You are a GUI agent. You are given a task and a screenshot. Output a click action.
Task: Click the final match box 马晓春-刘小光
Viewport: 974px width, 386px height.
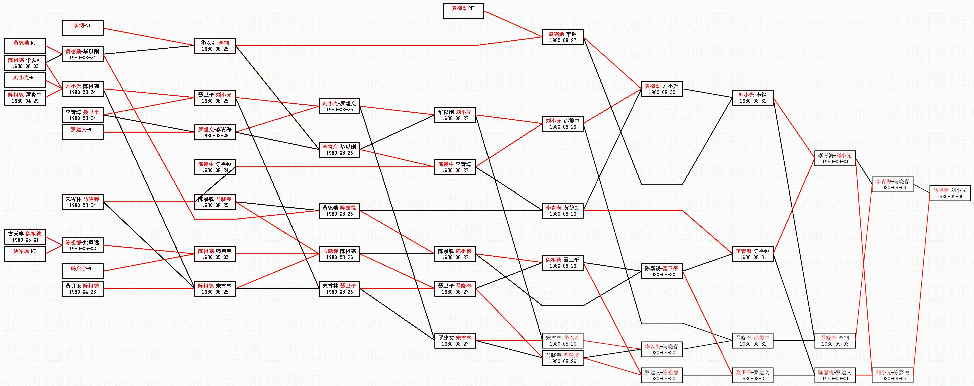(950, 194)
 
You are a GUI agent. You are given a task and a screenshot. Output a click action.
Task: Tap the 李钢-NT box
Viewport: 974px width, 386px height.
(82, 28)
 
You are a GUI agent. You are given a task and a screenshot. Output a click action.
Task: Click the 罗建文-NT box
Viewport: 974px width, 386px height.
(82, 132)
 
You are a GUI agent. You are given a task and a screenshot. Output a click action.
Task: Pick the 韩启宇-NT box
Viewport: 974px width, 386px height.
(82, 271)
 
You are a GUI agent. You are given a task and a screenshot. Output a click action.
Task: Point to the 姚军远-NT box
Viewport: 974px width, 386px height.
(25, 254)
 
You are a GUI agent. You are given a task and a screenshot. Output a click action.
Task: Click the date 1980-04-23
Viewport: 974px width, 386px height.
(82, 292)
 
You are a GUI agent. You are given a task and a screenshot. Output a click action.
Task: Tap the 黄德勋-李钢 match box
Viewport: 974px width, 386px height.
(563, 37)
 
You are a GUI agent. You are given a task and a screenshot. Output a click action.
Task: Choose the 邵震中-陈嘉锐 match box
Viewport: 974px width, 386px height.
(215, 167)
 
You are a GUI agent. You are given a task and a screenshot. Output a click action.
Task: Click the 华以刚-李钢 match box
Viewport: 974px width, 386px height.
(215, 46)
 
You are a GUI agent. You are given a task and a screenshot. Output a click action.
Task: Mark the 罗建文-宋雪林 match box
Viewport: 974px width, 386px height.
(455, 341)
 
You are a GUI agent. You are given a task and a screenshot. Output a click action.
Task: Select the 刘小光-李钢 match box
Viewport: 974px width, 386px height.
(752, 98)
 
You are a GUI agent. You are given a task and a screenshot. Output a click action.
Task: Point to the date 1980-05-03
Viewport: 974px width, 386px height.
(215, 257)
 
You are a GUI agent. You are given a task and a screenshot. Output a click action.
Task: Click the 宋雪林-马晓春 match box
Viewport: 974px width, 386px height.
(82, 202)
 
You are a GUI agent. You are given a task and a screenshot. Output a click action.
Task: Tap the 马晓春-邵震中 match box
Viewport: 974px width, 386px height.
(752, 341)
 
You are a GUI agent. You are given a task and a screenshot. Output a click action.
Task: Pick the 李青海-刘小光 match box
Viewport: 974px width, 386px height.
(835, 158)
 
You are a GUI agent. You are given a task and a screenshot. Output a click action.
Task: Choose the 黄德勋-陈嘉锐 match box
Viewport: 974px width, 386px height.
(339, 211)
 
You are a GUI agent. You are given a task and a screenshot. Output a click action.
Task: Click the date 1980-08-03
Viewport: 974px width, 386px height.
(25, 66)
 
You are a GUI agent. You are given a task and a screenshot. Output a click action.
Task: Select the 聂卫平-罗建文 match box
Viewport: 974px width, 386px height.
(752, 375)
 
